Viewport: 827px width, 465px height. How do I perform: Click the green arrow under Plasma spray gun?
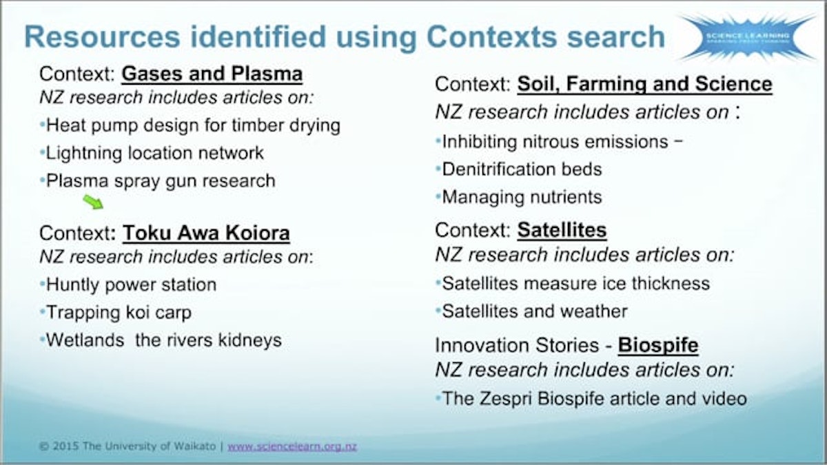93,202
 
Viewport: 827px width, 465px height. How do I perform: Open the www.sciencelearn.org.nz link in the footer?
292,446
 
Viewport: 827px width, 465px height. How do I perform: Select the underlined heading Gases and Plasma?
212,74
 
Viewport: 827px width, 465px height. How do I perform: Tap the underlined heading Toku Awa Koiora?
206,234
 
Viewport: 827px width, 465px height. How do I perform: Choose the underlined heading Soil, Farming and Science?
644,85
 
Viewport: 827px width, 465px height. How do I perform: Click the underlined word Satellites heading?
562,229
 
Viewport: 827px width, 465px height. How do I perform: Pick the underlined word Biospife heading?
658,344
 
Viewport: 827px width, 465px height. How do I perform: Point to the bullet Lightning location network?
155,153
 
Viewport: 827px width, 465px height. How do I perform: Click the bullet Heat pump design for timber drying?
193,125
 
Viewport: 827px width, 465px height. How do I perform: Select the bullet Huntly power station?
131,285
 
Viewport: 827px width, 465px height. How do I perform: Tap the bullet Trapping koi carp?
119,312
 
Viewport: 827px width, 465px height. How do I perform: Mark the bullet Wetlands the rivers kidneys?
163,340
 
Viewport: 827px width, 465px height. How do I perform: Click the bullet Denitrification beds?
522,169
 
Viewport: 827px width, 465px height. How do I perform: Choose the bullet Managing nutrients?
522,197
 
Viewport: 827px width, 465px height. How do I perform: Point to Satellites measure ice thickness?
575,283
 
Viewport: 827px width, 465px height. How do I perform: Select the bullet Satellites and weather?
534,311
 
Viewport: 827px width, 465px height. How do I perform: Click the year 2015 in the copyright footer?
66,446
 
